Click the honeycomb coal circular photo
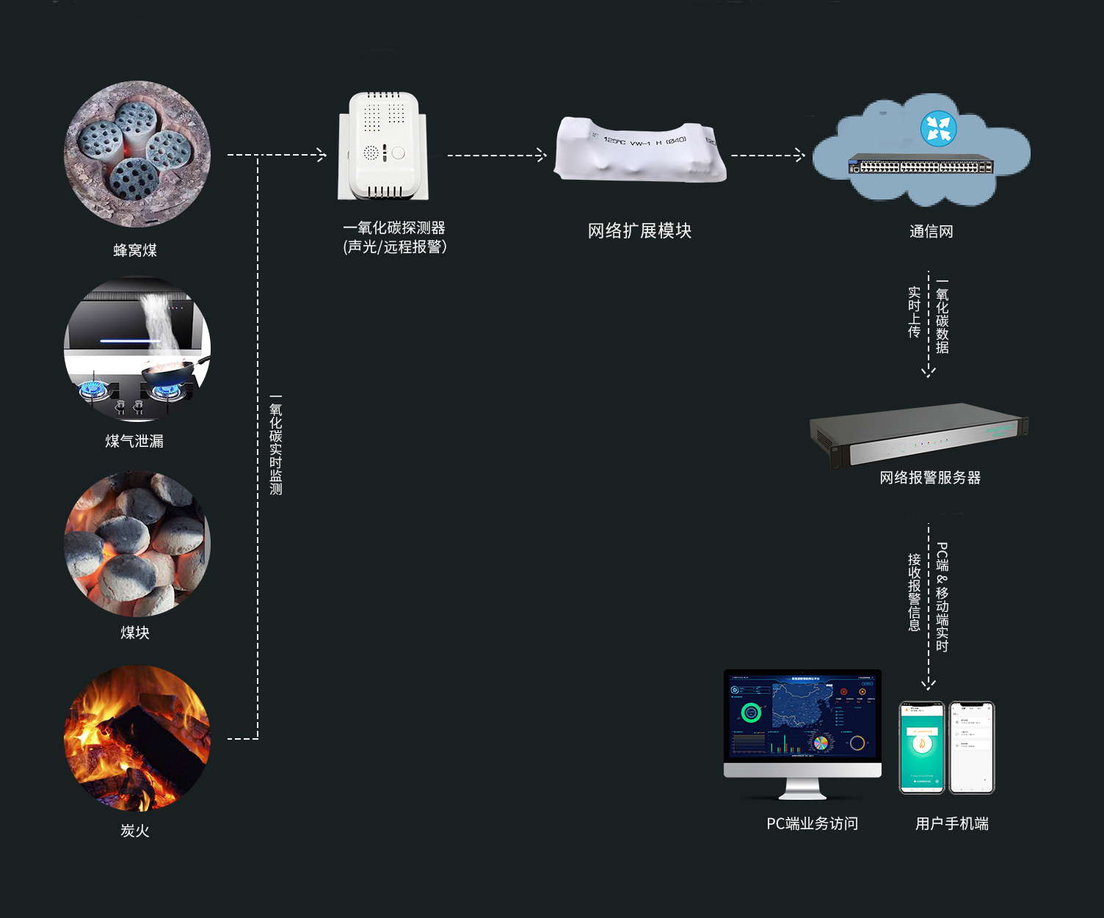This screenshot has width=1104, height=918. [137, 154]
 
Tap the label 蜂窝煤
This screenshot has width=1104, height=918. [135, 250]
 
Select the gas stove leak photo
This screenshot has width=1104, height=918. [137, 349]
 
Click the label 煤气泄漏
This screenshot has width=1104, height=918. [134, 441]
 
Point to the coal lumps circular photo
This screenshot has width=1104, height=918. [137, 544]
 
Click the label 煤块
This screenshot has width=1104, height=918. [135, 633]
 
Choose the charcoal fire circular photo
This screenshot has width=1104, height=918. [137, 738]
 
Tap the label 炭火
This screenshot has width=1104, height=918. [135, 831]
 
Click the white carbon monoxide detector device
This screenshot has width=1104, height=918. [383, 147]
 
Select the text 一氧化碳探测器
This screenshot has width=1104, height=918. [394, 228]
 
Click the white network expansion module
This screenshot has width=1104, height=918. [640, 150]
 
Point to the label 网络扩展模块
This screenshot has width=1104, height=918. [639, 231]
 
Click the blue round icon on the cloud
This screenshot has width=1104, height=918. [938, 128]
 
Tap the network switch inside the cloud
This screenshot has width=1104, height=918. [920, 166]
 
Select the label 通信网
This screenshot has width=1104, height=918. [931, 232]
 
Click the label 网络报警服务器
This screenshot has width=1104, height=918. [930, 478]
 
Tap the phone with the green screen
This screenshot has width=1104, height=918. [922, 747]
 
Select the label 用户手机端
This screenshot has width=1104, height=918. [951, 824]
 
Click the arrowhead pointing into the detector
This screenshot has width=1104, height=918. [321, 155]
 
